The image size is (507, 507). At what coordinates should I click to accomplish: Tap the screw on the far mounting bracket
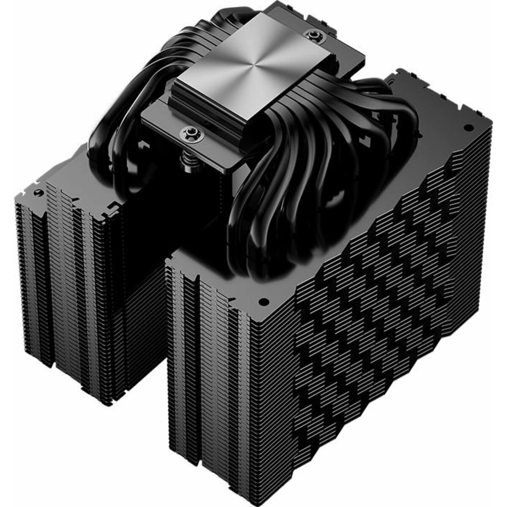(x=313, y=33)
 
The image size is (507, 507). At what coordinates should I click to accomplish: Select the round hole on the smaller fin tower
(x=38, y=192)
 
